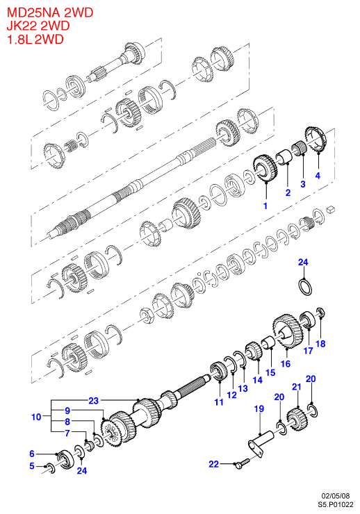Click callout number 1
pyautogui.click(x=265, y=206)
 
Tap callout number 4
pyautogui.click(x=318, y=175)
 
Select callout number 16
pyautogui.click(x=286, y=363)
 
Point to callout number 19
pyautogui.click(x=259, y=409)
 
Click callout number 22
pyautogui.click(x=214, y=464)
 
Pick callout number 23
pyautogui.click(x=93, y=401)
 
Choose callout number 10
pyautogui.click(x=36, y=417)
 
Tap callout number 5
pyautogui.click(x=32, y=466)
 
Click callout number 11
pyautogui.click(x=219, y=402)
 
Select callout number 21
pyautogui.click(x=296, y=387)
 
